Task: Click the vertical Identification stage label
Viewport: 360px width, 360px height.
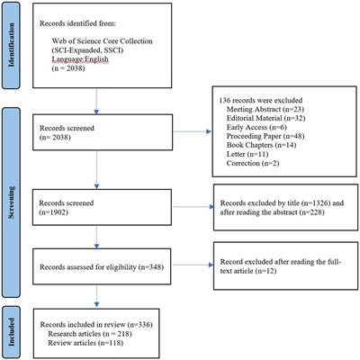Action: pos(13,47)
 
